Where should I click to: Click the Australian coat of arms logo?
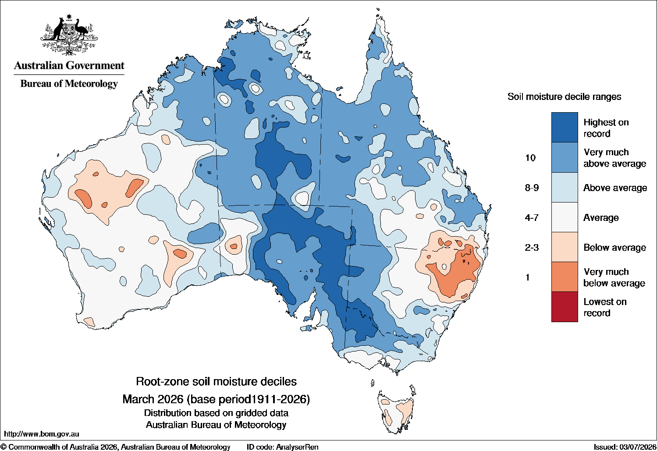(x=69, y=35)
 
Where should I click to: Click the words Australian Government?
(x=69, y=65)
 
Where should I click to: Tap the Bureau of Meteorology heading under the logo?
(x=69, y=84)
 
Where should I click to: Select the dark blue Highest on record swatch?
(x=565, y=127)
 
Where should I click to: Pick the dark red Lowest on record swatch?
(x=565, y=307)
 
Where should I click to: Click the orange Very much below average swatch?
(x=565, y=277)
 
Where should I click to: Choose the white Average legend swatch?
(x=565, y=217)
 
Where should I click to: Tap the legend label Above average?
(x=615, y=188)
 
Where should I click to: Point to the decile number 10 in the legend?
(x=530, y=158)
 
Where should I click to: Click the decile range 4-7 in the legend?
(x=532, y=217)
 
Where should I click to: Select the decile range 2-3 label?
(x=532, y=248)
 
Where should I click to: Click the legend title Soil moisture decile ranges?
(x=565, y=97)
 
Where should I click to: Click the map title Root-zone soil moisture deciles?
(x=216, y=381)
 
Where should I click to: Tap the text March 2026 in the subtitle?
(x=153, y=399)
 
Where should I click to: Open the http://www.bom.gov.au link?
(x=42, y=434)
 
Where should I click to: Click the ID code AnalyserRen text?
(x=282, y=447)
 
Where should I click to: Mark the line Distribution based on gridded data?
(x=216, y=413)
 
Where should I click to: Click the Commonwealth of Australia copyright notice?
(x=116, y=447)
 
